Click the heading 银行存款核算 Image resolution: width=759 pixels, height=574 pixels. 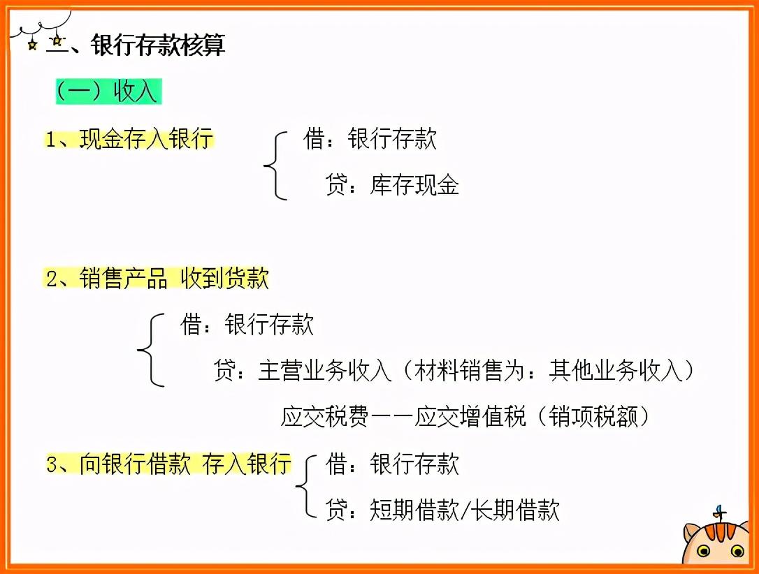click(x=158, y=45)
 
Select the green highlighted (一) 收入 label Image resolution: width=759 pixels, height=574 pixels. click(x=108, y=91)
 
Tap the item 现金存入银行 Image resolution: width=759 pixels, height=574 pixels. click(x=130, y=138)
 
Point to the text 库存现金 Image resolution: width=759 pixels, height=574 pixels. click(x=414, y=185)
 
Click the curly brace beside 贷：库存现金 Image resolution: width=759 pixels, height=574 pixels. click(x=275, y=165)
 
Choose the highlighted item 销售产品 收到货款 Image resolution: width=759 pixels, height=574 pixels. click(x=157, y=279)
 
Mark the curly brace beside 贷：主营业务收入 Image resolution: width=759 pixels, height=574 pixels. click(x=150, y=349)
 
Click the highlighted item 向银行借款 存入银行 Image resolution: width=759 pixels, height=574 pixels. click(x=168, y=464)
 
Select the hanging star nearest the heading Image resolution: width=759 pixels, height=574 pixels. click(x=57, y=41)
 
